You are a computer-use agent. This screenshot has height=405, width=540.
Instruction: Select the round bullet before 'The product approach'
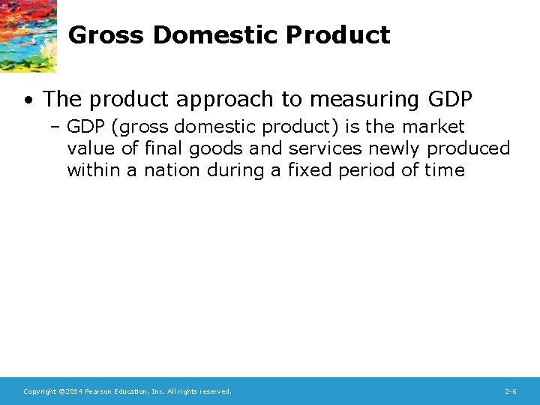point(27,99)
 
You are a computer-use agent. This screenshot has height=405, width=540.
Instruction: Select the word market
point(433,127)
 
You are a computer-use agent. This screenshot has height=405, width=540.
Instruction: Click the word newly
point(393,148)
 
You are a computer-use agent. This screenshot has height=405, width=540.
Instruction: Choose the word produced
point(469,148)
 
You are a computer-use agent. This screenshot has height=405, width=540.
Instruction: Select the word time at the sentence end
point(445,170)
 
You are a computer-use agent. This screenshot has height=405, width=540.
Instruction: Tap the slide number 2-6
point(511,391)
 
